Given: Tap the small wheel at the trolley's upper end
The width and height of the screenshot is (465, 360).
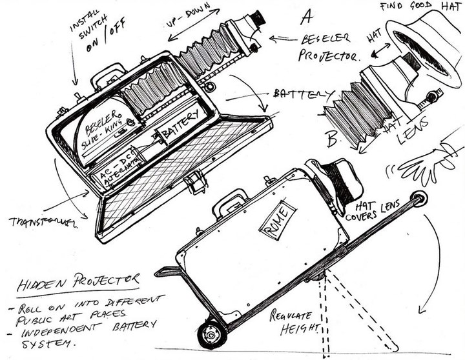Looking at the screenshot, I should [x=420, y=199].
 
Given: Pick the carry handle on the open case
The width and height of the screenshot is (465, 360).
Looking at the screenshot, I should [x=108, y=75].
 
